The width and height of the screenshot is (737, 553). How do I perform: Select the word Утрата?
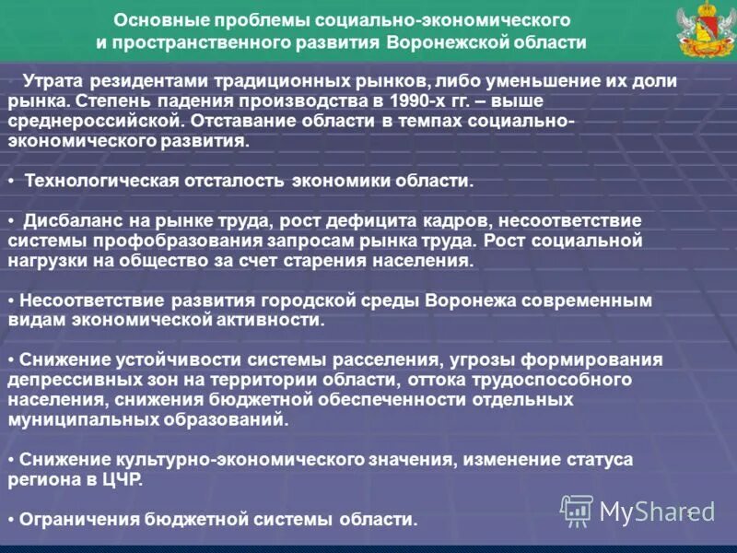click(x=52, y=80)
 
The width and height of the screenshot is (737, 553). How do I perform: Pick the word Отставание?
click(x=240, y=120)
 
